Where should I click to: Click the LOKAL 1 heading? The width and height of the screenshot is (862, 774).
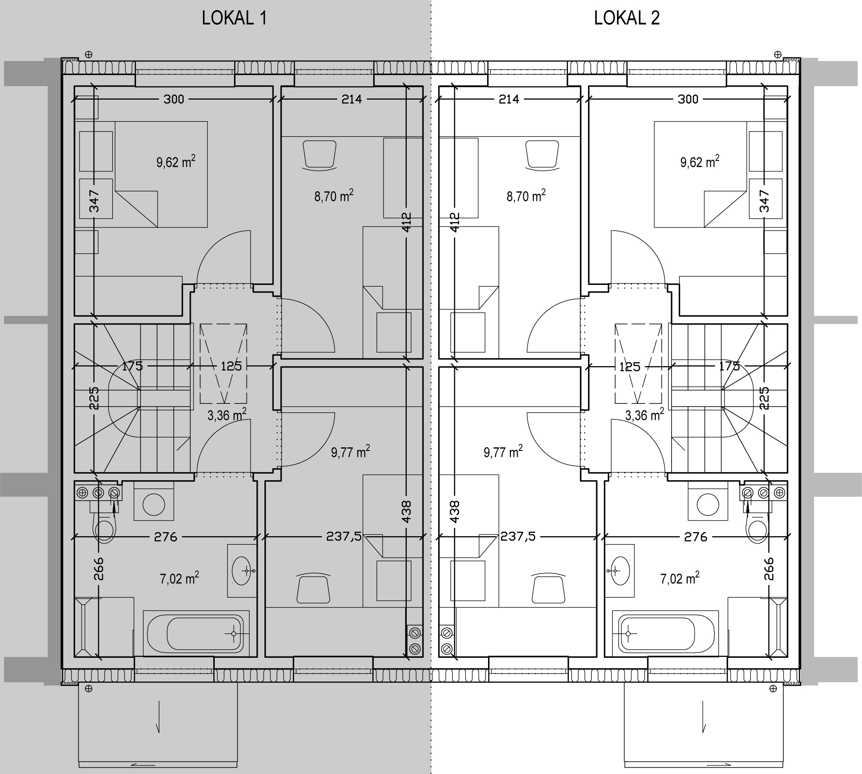(x=234, y=18)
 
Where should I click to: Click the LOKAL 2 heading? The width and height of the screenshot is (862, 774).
(x=627, y=18)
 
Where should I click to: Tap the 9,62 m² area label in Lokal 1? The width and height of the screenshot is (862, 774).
(x=176, y=162)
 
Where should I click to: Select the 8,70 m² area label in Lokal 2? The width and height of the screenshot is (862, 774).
(x=526, y=196)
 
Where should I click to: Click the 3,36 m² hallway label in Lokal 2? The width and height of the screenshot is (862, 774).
(x=645, y=415)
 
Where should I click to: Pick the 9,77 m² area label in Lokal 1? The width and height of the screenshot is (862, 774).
(x=351, y=451)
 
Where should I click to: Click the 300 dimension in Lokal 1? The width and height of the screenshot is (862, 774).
(x=174, y=99)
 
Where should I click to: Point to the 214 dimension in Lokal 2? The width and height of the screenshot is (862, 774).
(x=509, y=99)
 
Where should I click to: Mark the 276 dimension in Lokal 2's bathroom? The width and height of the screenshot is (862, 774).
(x=695, y=537)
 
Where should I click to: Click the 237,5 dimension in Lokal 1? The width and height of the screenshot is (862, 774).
(x=343, y=537)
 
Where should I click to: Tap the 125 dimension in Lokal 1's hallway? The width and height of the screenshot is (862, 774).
(x=231, y=367)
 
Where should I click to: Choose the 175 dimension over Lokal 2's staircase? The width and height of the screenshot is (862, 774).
(x=729, y=367)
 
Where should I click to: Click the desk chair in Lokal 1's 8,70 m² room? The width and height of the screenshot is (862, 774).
(x=320, y=155)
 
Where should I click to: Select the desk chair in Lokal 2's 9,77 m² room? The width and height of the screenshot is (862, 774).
(x=548, y=588)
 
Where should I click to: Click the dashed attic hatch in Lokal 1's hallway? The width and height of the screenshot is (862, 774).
(x=224, y=363)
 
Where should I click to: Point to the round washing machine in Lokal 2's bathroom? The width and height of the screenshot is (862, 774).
(x=708, y=505)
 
